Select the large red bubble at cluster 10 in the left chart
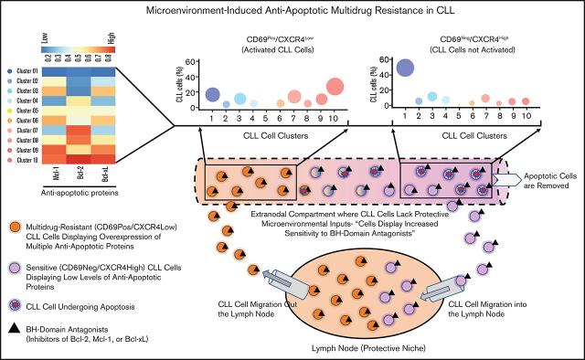coord(335,88)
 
